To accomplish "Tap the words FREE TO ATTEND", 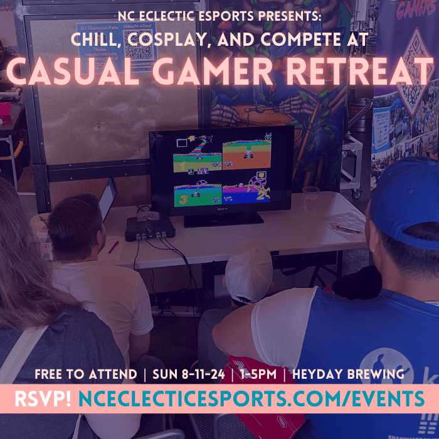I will pyautogui.click(x=86, y=375).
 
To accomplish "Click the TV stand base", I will pyautogui.click(x=224, y=219).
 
